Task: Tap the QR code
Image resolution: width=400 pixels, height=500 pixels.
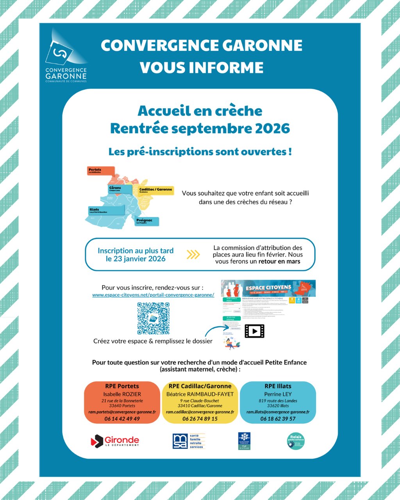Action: pos(153,318)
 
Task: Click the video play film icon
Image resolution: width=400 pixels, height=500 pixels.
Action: pos(254,331)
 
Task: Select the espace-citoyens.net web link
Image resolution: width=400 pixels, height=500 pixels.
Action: pos(153,295)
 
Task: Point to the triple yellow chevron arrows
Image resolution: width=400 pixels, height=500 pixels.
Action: pos(193,255)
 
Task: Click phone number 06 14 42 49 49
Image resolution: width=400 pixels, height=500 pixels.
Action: pos(122,419)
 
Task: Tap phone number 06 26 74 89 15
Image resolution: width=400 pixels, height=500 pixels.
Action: pos(200,419)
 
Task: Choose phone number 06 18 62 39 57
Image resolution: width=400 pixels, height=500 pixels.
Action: pos(278,419)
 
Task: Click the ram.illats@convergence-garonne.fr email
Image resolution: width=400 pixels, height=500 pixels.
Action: pos(278,412)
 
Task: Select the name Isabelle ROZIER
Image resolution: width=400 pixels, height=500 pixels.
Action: pos(122,394)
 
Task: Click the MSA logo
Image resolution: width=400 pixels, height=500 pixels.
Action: pos(189,441)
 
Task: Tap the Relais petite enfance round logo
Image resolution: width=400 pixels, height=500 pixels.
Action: pos(296,441)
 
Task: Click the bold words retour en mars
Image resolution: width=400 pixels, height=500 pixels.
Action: pos(279,261)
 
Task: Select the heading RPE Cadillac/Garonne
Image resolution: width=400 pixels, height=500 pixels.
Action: pos(200,386)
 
